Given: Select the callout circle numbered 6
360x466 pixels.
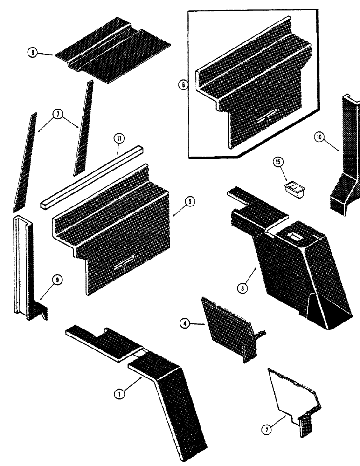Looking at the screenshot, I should [x=183, y=85].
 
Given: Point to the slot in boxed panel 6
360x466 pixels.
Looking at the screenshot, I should [x=267, y=114].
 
